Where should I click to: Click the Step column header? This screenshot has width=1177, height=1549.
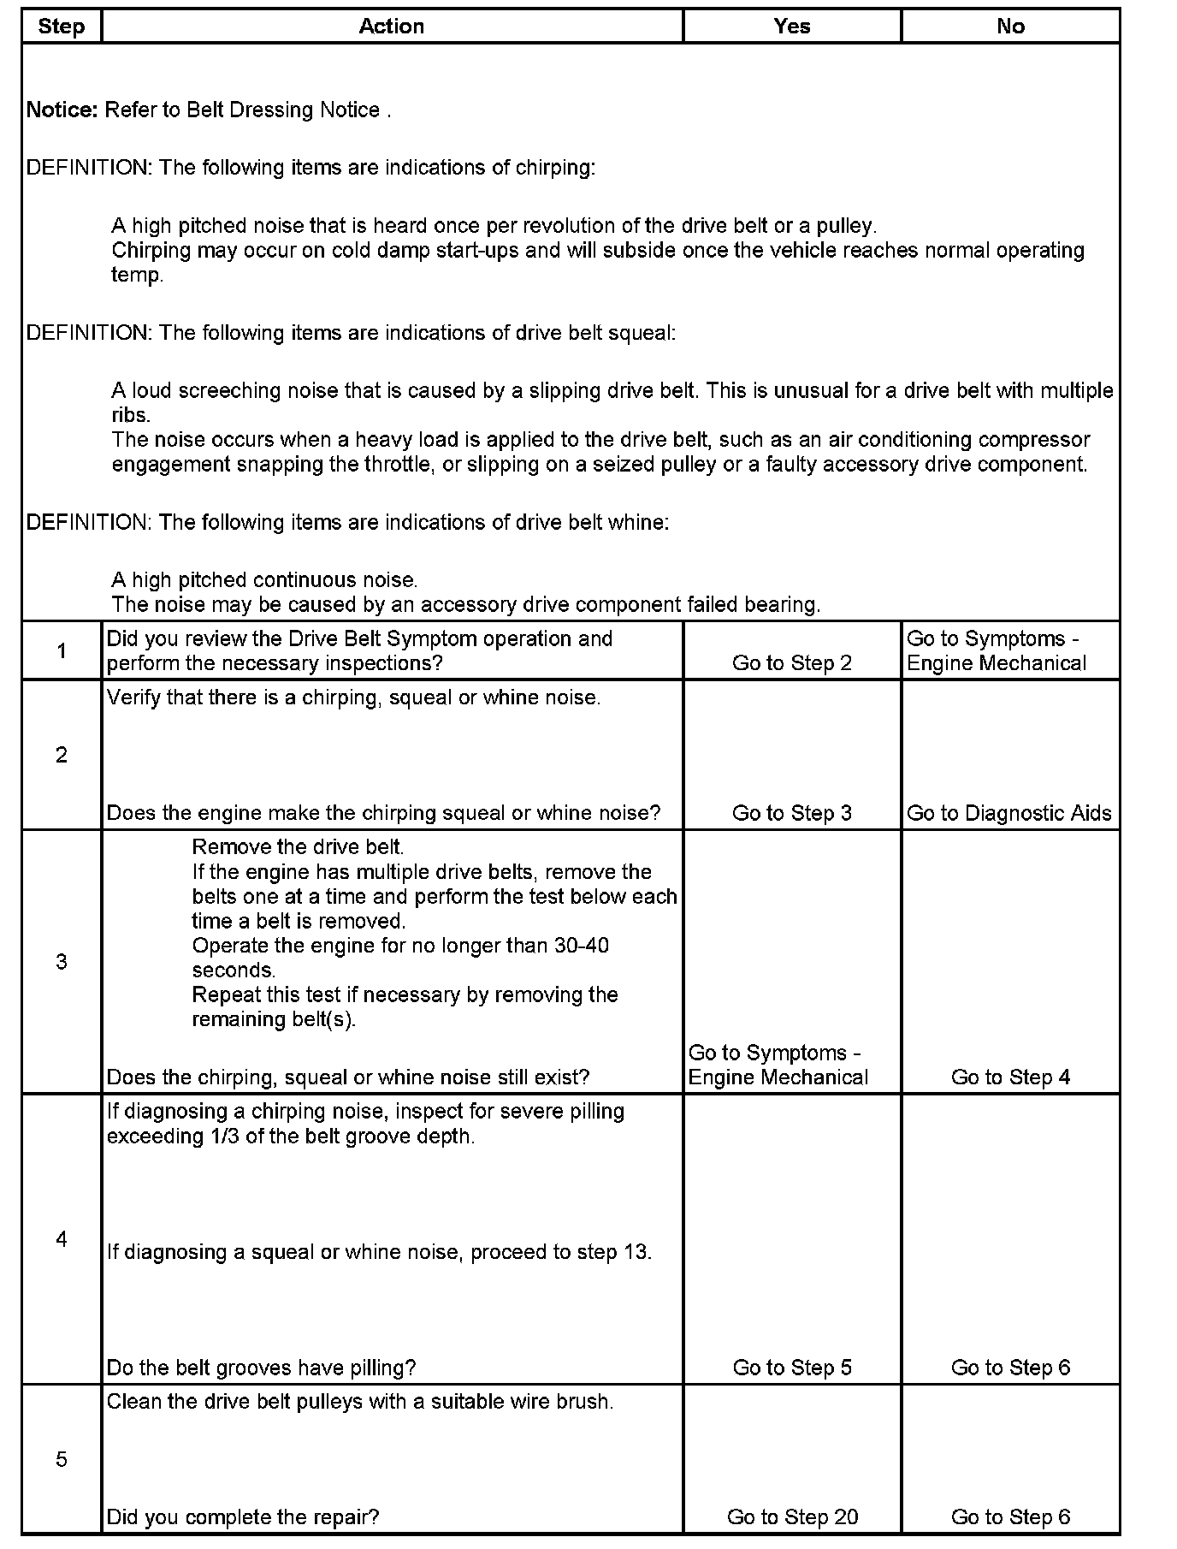point(62,27)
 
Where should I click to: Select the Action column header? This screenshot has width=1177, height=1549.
point(392,27)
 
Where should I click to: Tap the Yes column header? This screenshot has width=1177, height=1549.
point(792,27)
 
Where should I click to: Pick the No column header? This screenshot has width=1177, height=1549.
point(1010,27)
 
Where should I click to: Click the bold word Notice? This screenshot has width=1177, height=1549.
point(62,110)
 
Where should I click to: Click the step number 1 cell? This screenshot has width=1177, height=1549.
point(62,651)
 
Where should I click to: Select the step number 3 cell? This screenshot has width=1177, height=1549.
point(62,962)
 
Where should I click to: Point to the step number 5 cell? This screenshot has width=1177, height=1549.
point(62,1459)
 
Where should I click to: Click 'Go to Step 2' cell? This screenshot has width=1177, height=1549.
point(792,663)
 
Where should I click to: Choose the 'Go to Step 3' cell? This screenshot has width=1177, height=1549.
point(792,813)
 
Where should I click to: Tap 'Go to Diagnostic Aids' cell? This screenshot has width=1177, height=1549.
point(1009,813)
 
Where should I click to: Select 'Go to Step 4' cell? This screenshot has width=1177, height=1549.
point(1010,1077)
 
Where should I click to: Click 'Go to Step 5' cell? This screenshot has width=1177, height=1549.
point(792,1368)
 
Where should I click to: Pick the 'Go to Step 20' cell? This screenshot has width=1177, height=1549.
point(792,1517)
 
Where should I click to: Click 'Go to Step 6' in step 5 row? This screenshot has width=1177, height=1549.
point(1010,1517)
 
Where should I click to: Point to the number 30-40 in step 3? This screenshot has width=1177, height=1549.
point(582,946)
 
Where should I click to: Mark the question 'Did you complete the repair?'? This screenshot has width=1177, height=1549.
point(243,1517)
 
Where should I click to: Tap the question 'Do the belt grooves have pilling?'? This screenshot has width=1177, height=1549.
point(261,1368)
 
